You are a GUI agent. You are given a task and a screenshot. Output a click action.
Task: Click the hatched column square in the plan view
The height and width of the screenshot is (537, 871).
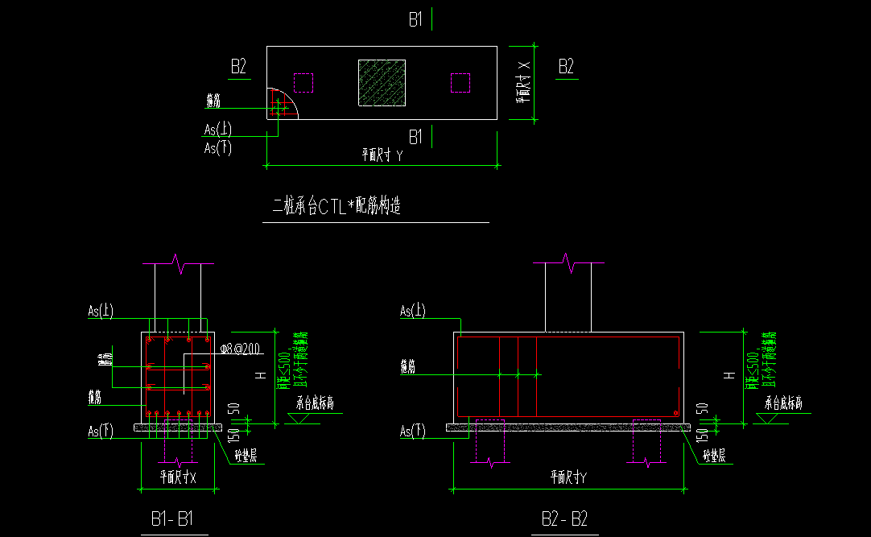click(382, 83)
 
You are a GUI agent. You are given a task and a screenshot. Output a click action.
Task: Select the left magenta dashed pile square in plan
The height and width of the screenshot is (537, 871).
click(303, 83)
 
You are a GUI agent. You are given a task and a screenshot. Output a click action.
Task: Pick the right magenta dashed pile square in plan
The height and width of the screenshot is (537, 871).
click(460, 83)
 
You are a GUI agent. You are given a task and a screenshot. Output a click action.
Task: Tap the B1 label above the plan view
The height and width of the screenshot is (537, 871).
click(415, 20)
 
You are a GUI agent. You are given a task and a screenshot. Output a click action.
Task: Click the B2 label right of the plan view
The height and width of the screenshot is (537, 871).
click(567, 67)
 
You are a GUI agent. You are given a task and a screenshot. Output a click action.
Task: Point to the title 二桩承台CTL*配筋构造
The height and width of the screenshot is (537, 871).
click(337, 207)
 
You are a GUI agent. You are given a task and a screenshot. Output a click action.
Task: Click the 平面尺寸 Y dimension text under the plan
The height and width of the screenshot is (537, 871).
click(382, 156)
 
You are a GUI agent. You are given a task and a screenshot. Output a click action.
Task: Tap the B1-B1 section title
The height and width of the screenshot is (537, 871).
click(172, 519)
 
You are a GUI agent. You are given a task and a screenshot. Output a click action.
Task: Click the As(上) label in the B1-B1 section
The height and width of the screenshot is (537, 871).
click(101, 311)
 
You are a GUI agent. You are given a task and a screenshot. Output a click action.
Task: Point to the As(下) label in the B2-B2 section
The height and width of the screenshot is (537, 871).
click(413, 432)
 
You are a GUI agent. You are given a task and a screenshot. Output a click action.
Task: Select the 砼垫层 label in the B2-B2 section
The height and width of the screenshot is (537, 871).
click(713, 456)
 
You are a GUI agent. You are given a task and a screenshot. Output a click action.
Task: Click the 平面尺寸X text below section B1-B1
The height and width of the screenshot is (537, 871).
click(178, 477)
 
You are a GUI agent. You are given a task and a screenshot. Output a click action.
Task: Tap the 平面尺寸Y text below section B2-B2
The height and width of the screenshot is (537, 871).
click(568, 477)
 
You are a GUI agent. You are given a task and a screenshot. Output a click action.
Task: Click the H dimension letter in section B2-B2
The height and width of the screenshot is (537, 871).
click(729, 374)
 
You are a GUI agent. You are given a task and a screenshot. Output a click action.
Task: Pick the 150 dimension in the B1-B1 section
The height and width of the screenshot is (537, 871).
click(232, 436)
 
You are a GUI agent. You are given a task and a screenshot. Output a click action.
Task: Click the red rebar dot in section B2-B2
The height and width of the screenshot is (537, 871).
click(675, 414)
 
